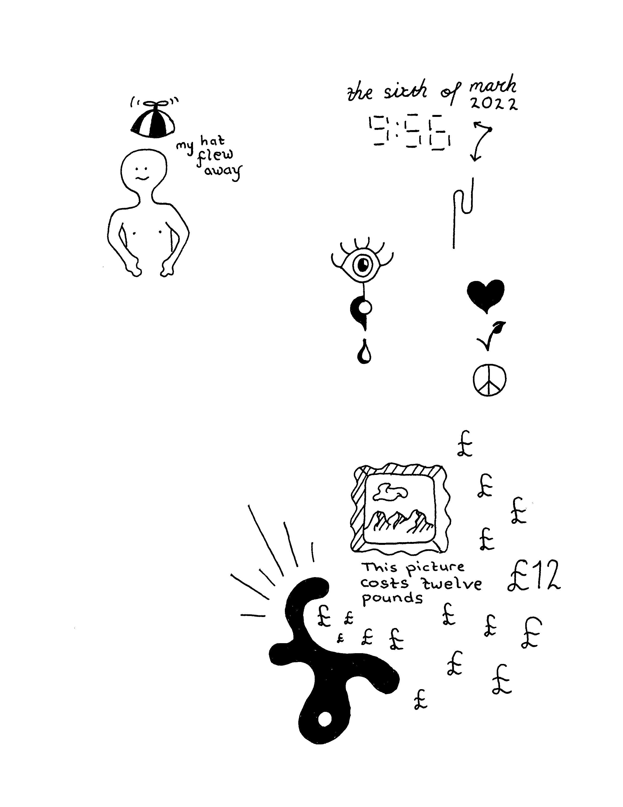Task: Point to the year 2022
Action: click(494, 104)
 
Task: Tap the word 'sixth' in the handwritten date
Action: click(405, 91)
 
